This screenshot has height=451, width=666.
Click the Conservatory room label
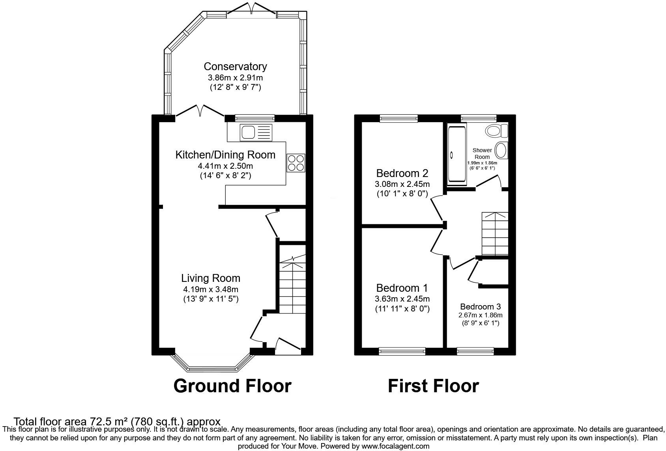tap(235, 67)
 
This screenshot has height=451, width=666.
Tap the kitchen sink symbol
tap(256, 132)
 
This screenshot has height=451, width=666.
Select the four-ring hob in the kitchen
tap(296, 162)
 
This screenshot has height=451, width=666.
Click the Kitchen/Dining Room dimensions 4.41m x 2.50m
tap(225, 166)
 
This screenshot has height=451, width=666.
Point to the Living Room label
tap(211, 278)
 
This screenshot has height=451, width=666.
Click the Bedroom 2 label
tap(402, 173)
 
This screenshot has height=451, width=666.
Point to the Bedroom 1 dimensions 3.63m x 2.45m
tap(402, 299)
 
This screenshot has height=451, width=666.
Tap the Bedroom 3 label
tap(480, 307)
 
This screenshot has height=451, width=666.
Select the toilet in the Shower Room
tap(496, 130)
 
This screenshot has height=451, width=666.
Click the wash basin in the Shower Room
tap(501, 151)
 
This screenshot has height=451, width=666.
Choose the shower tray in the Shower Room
tap(457, 154)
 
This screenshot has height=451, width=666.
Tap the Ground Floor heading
tap(232, 386)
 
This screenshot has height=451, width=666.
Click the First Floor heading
tap(433, 386)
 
